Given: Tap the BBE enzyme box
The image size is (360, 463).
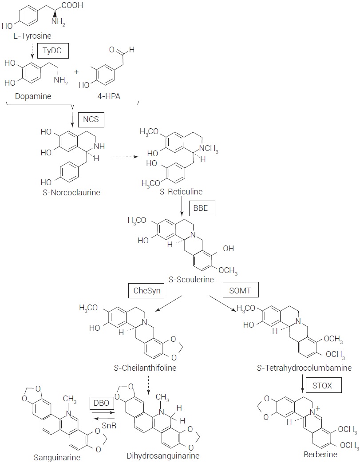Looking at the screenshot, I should pos(202,208).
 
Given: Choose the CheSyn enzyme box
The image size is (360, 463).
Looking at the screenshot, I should pos(143,291).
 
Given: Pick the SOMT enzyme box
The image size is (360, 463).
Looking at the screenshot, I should pos(241,291).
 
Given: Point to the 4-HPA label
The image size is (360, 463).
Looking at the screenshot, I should pos(101,95).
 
